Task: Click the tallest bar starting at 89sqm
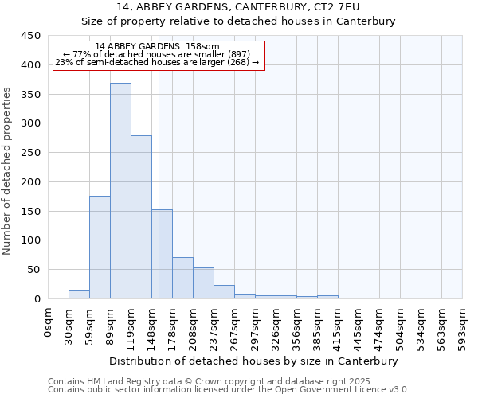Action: [x=120, y=191]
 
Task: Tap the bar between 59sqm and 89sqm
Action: [x=100, y=248]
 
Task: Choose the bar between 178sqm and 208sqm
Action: [x=182, y=278]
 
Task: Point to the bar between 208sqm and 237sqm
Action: [x=203, y=283]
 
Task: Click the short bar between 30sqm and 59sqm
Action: [x=79, y=295]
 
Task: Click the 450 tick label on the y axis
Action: [x=30, y=36]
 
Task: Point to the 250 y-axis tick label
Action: [x=30, y=153]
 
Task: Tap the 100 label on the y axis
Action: [x=30, y=240]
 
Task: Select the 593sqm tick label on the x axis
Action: [x=462, y=328]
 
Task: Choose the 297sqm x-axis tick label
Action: [x=256, y=328]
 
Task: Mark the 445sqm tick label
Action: [x=358, y=328]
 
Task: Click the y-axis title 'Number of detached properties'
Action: [x=8, y=170]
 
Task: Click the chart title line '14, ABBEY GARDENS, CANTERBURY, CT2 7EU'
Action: [x=238, y=7]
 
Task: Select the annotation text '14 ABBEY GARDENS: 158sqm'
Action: [x=157, y=46]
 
